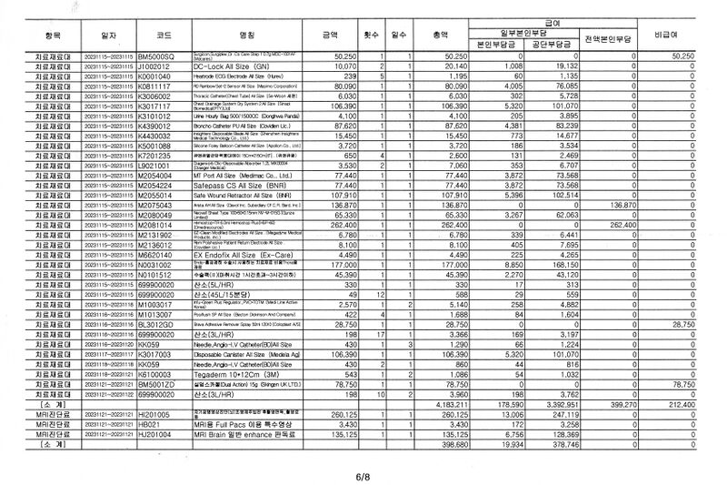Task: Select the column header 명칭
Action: [x=245, y=34]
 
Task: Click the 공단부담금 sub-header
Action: [x=553, y=44]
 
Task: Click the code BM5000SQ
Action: [x=160, y=56]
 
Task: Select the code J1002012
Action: [x=154, y=66]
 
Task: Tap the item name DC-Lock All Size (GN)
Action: [x=224, y=66]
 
